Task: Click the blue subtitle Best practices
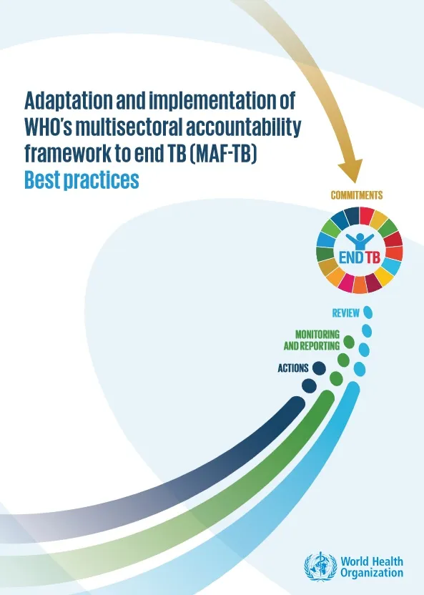81,180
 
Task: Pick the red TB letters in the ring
373,257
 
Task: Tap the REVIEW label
345,313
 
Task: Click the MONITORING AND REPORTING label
311,340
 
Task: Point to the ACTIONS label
293,368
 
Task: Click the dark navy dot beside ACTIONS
318,368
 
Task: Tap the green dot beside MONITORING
348,340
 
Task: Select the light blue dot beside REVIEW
368,313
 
